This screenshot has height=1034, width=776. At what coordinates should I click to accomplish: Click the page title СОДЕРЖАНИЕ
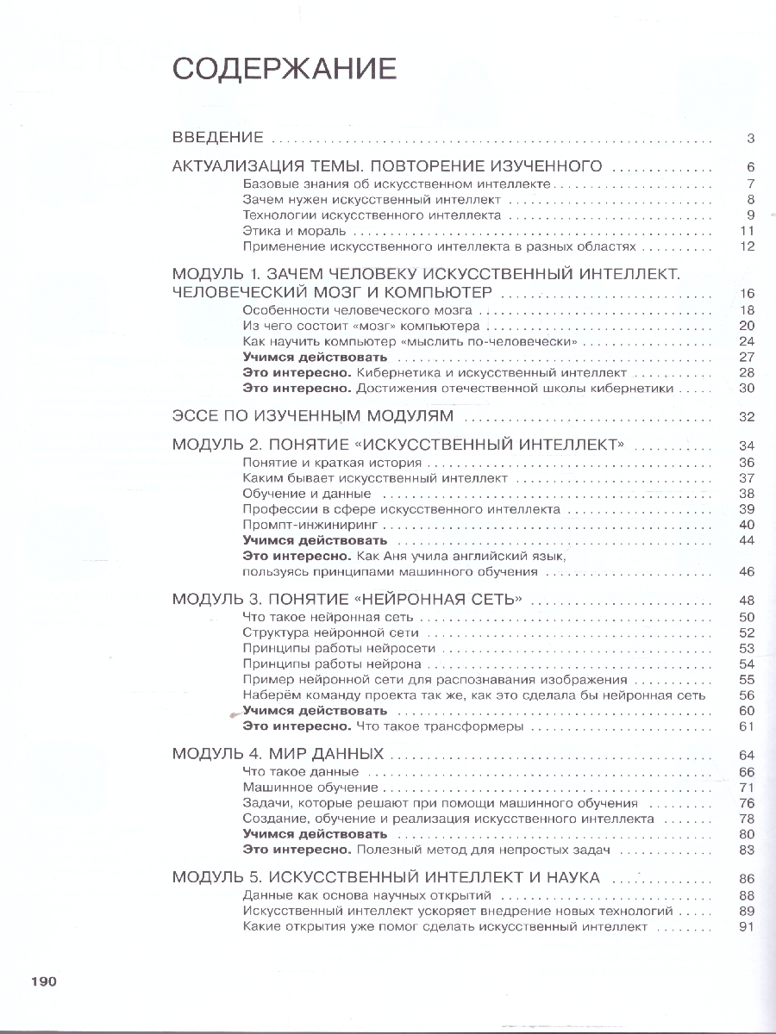(285, 68)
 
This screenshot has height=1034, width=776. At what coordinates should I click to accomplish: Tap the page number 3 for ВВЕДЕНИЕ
(751, 139)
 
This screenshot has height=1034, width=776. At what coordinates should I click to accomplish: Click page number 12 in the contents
(747, 246)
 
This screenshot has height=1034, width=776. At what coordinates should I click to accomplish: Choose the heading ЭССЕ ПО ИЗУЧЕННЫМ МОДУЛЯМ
(313, 417)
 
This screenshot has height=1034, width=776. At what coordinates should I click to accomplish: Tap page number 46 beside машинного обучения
(747, 571)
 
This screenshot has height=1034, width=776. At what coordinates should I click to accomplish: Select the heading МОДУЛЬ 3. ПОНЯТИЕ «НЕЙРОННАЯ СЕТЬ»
(350, 600)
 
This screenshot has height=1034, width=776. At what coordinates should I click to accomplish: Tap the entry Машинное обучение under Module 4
(310, 788)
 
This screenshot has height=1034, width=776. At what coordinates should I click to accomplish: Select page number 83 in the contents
(747, 850)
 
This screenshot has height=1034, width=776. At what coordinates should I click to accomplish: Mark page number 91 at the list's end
(747, 927)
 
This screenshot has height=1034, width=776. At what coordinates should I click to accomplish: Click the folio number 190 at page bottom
(43, 981)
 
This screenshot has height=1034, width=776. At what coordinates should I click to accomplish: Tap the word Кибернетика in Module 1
(396, 373)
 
